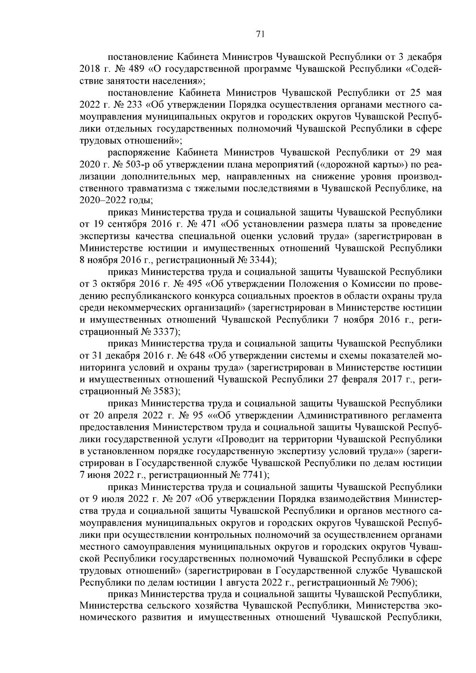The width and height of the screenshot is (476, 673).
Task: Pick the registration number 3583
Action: point(163,391)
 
